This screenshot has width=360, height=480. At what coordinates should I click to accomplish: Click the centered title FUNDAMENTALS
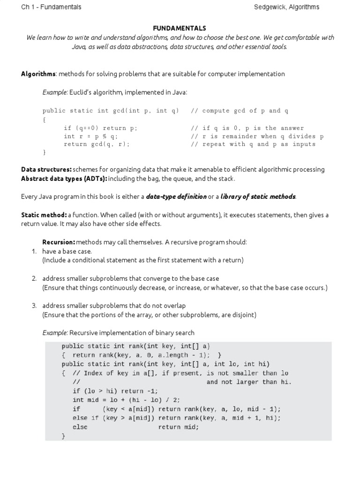180,29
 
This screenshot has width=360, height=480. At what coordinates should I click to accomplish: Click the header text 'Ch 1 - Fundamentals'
51,7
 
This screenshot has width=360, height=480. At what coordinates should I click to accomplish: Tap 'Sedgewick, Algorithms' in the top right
286,7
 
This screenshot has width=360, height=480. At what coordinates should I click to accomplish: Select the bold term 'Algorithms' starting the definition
38,74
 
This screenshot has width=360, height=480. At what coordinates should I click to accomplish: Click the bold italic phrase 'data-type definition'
176,196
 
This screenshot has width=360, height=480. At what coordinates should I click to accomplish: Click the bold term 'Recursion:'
59,242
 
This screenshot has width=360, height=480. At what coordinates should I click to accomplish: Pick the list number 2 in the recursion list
34,278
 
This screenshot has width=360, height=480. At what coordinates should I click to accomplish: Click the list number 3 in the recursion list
34,306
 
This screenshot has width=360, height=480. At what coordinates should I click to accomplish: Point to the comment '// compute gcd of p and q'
240,111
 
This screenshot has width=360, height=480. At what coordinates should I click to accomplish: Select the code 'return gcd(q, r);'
97,144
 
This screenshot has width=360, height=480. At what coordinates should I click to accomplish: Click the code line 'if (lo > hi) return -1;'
115,391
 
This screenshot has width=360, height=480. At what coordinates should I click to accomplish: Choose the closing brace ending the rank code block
64,436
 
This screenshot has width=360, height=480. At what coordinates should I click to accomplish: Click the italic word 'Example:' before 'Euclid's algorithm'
55,92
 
